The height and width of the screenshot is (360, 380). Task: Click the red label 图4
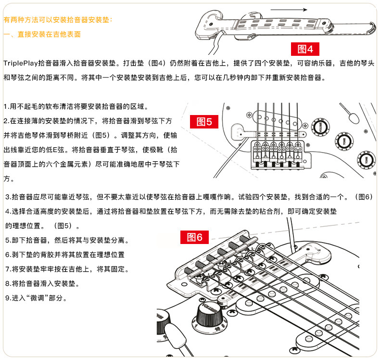tap(305, 49)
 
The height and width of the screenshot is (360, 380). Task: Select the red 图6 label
tap(195, 237)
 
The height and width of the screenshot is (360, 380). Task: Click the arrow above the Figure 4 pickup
tap(289, 9)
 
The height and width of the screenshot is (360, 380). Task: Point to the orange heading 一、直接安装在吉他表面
tap(42, 35)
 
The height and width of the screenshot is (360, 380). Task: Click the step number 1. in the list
tap(6, 106)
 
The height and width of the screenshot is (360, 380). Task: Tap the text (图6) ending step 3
tap(363, 197)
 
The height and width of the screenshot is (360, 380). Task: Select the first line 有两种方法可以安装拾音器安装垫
tap(58, 20)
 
